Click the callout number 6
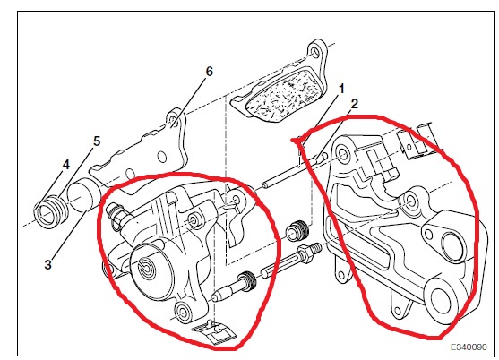point(209,72)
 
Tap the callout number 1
point(341,89)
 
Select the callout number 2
point(355,104)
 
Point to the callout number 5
point(97,141)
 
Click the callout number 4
point(65,165)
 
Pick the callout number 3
point(47,264)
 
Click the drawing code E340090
point(469,347)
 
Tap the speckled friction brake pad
point(283,96)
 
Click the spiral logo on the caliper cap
point(146,267)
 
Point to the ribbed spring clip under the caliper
point(212,331)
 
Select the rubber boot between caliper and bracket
point(297,231)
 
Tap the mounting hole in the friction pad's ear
point(314,51)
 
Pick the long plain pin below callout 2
point(295,171)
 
